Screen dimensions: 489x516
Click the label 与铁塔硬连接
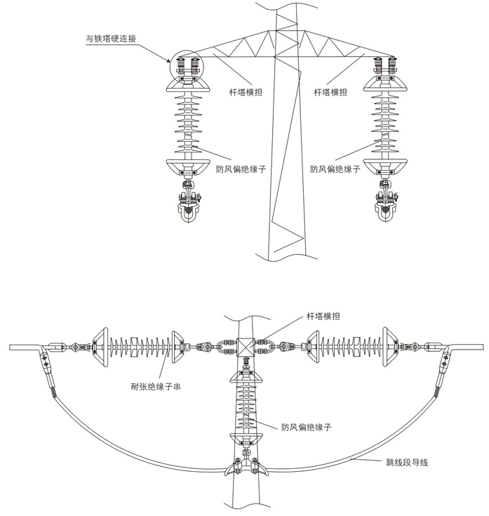pyautogui.click(x=111, y=39)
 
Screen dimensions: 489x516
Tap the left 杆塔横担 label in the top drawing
pyautogui.click(x=246, y=92)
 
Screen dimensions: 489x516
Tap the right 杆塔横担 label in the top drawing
pyautogui.click(x=330, y=92)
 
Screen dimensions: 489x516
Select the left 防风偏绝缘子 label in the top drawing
pyautogui.click(x=241, y=169)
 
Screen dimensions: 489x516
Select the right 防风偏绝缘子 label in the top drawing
pyautogui.click(x=335, y=169)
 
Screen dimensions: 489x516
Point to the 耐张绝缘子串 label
pyautogui.click(x=156, y=387)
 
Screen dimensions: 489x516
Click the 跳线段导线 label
pyautogui.click(x=407, y=463)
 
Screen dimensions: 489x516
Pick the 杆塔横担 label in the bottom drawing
pyautogui.click(x=323, y=316)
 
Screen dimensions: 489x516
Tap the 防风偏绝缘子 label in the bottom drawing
pyautogui.click(x=306, y=427)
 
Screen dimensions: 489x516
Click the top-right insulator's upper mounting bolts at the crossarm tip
pyautogui.click(x=384, y=65)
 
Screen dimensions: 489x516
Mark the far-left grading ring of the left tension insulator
pyautogui.click(x=100, y=348)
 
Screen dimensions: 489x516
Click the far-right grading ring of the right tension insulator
pyautogui.click(x=390, y=347)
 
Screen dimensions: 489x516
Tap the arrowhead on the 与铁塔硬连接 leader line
pyautogui.click(x=168, y=60)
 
